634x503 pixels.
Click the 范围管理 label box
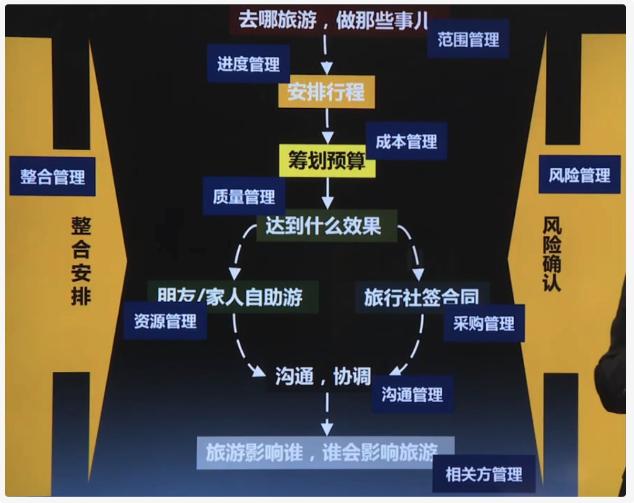468,40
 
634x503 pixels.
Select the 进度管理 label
248,64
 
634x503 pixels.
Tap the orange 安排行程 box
326,92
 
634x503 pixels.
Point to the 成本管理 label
406,142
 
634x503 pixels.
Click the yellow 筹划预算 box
327,160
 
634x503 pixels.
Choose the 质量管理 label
244,197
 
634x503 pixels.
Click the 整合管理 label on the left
53,177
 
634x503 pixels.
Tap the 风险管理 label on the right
579,175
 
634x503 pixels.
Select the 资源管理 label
165,321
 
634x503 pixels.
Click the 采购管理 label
484,323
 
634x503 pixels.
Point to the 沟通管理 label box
412,394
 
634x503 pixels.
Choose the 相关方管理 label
484,474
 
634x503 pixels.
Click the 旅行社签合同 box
422,297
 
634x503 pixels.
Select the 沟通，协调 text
323,376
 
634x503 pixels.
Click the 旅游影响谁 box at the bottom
322,452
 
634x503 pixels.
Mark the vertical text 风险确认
551,254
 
